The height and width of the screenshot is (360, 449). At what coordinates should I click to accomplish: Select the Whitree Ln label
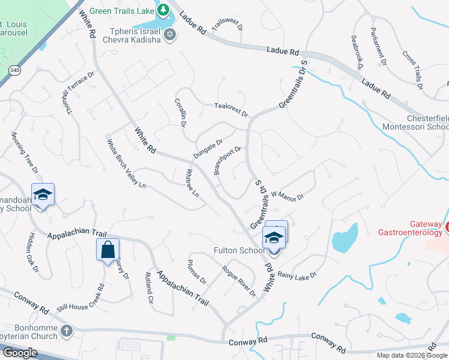[192, 182]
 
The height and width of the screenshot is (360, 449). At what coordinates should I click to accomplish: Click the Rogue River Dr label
[238, 280]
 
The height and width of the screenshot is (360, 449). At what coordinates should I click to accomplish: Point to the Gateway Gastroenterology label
[412, 228]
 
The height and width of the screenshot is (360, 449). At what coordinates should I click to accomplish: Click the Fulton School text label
[238, 250]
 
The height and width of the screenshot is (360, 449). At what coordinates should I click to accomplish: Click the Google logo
[20, 353]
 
